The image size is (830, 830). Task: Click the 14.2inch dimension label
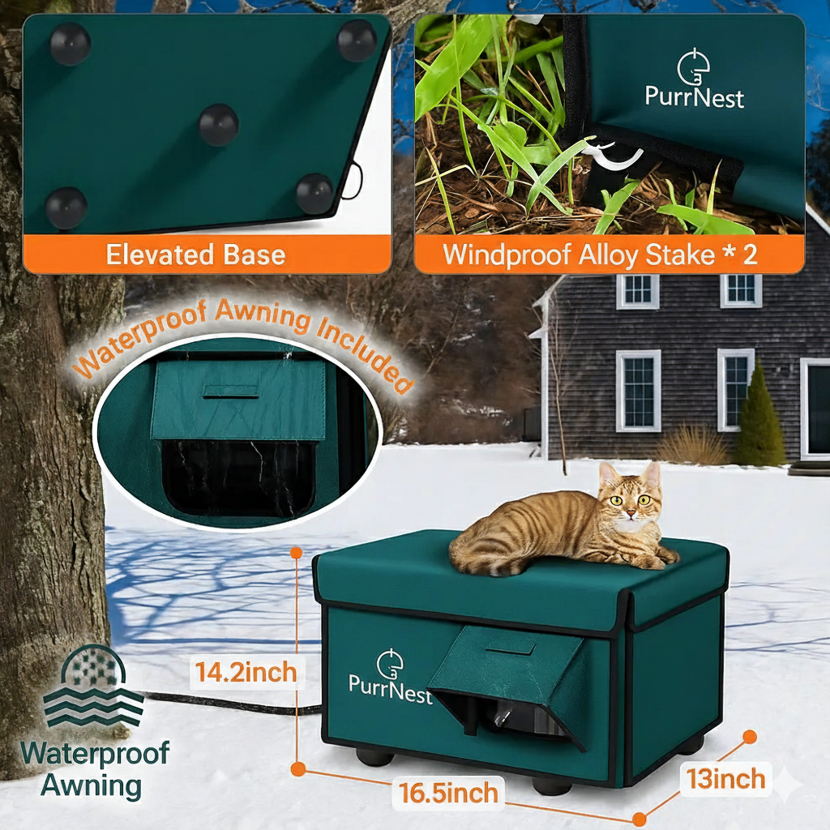(246, 673)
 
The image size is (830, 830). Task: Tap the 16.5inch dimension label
(449, 792)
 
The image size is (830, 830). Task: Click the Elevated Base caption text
(195, 255)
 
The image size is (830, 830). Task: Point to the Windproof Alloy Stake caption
(600, 255)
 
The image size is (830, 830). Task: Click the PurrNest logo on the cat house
(390, 674)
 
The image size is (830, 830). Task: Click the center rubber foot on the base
(219, 124)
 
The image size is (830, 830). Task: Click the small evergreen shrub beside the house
(759, 417)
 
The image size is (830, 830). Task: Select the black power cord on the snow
(235, 704)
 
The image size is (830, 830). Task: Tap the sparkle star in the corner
(787, 785)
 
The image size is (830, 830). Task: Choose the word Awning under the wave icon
(91, 785)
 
